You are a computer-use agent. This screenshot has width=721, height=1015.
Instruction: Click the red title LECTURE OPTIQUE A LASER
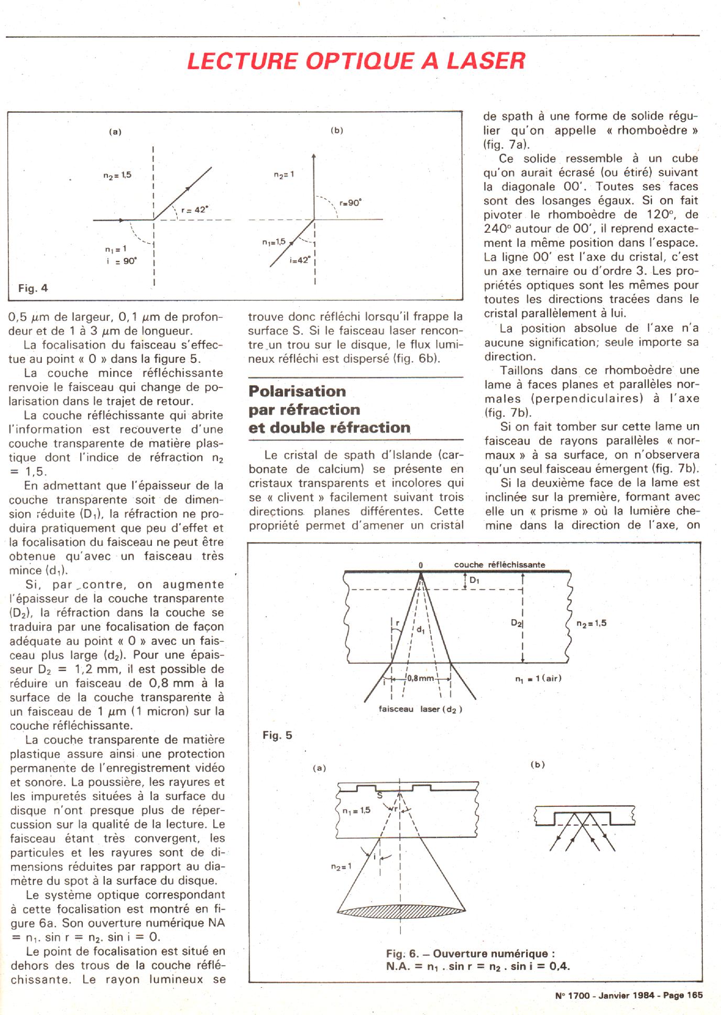coord(356,61)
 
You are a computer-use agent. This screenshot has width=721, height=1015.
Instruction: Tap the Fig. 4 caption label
coord(32,288)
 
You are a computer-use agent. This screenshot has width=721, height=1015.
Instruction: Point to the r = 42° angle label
coord(194,210)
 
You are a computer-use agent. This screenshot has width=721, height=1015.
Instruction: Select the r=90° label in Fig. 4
coord(350,203)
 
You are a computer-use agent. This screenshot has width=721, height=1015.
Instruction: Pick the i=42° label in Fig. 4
coord(300,260)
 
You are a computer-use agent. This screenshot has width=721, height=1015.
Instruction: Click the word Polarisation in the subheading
coord(297,391)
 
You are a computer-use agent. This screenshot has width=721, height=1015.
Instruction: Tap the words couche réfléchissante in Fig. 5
coord(499,565)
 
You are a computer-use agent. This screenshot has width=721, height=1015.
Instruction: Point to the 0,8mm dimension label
coord(420,678)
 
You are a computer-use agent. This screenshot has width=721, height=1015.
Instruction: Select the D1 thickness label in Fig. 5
coord(474,580)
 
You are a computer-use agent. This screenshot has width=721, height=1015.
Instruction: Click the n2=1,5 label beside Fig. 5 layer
coord(591,623)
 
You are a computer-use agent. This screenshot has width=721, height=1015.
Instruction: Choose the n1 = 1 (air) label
coord(538,678)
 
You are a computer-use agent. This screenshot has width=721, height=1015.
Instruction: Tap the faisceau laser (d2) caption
coord(420,709)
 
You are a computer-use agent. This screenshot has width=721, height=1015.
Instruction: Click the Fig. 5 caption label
coord(277,736)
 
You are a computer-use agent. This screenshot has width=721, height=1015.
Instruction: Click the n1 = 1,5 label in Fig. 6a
coord(356,810)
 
